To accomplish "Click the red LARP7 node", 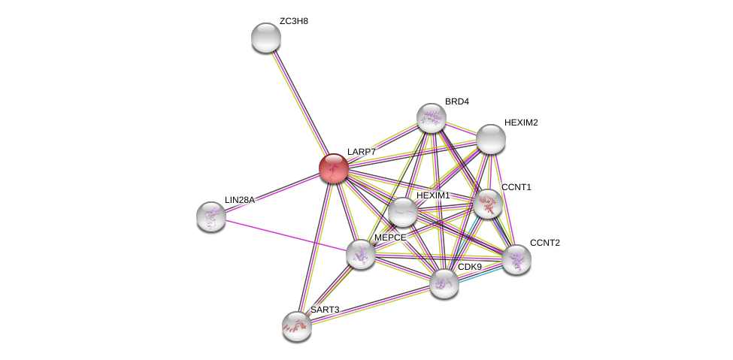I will [333, 168].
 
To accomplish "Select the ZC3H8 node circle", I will [265, 38].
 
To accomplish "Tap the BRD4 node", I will [431, 118].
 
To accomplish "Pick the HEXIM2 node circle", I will [490, 139].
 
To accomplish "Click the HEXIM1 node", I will [402, 212].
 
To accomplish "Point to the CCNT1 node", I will [488, 203].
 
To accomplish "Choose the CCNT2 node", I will [516, 259].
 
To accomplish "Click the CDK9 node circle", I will [444, 283].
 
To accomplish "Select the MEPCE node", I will [361, 254].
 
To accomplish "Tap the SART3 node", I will [297, 325].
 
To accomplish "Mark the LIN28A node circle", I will [211, 216].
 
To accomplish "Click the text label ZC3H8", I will [293, 21].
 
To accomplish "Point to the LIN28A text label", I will [239, 200].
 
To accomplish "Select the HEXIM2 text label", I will [520, 123].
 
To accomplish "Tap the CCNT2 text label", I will [544, 243].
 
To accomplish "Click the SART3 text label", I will [325, 310].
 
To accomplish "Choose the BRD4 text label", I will [456, 101].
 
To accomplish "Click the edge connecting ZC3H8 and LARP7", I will [299, 102].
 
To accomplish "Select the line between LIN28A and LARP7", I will [272, 192].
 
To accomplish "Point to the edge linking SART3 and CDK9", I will [370, 304].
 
